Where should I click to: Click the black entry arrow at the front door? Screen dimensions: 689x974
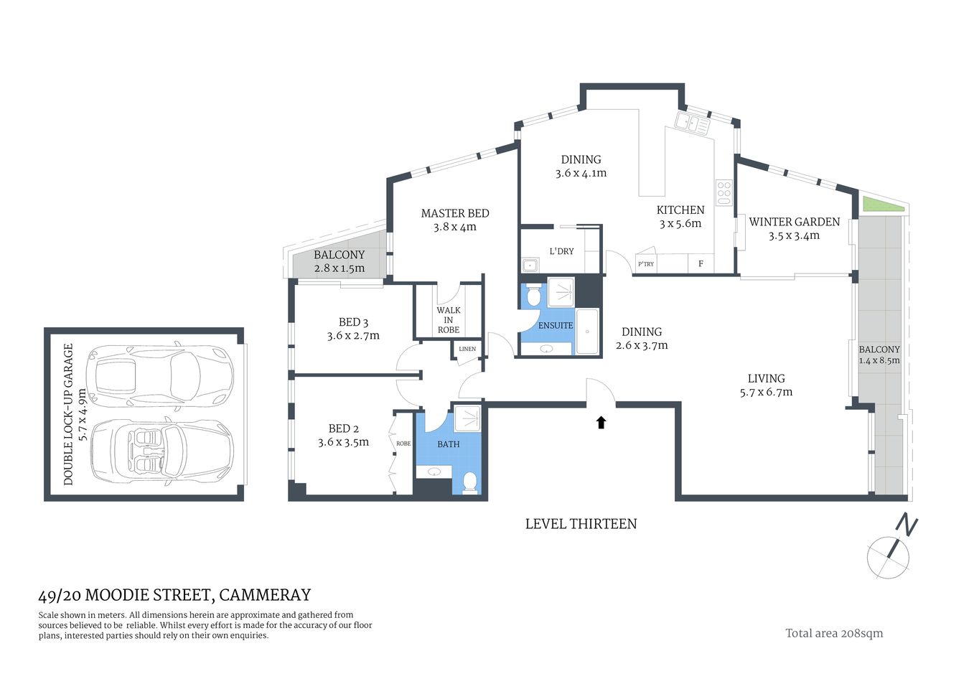[x=601, y=422]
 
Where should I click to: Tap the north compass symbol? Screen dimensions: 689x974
[x=890, y=553]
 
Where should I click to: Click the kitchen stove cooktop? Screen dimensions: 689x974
[x=724, y=192]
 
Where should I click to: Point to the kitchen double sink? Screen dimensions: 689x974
[x=692, y=123]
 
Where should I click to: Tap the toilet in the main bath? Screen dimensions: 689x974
[x=470, y=482]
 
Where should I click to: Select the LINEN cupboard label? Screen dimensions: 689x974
[x=467, y=350]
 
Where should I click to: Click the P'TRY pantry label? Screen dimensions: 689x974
[x=646, y=264]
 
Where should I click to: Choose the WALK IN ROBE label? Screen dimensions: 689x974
[x=449, y=320]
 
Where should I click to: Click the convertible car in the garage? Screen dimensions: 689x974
[x=161, y=449]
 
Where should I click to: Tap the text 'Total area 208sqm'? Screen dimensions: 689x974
[x=834, y=633]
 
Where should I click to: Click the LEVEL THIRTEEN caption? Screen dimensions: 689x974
[x=581, y=524]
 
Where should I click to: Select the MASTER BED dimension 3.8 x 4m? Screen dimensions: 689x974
[x=454, y=228]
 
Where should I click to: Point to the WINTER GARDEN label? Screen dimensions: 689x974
[x=794, y=222]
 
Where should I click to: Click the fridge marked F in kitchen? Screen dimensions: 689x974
[x=701, y=264]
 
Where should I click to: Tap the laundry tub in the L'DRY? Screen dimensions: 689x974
[x=530, y=265]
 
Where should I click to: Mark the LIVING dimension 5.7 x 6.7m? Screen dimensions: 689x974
[x=766, y=392]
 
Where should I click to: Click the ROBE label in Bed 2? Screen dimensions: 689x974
[x=403, y=444]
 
